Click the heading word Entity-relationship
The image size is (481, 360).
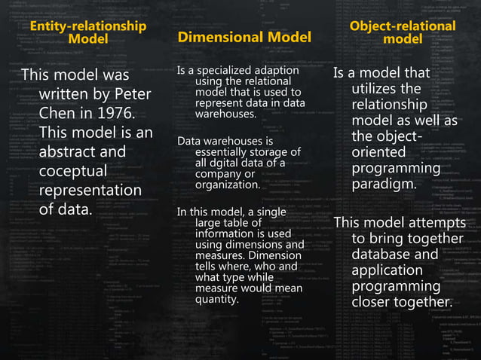(x=87, y=26)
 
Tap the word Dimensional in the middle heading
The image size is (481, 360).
(x=212, y=37)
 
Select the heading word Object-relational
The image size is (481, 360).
(x=403, y=26)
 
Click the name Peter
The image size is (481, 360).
(x=132, y=94)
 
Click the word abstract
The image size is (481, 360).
(x=74, y=152)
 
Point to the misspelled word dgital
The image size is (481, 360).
(x=230, y=163)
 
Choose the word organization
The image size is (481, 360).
(x=227, y=184)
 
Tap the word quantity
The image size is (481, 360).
(x=216, y=299)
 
